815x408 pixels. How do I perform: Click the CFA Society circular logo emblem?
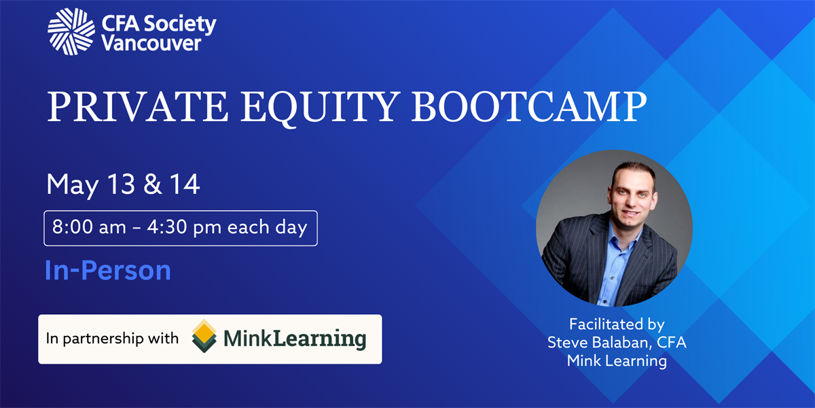coord(71,32)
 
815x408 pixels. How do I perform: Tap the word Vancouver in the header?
coord(151,44)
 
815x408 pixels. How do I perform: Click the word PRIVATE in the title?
coord(137,107)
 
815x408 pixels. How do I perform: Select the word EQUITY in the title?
coord(320,107)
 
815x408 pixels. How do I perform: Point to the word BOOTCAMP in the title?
coord(529,107)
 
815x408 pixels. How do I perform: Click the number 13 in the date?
coord(121,184)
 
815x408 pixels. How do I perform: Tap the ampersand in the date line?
coord(152,184)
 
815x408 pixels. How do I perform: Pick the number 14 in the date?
coord(185,184)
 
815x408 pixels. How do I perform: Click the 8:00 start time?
coord(73,227)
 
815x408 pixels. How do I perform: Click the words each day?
coord(268,227)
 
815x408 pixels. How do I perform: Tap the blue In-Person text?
coord(108,271)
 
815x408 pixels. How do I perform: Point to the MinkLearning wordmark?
coord(295,339)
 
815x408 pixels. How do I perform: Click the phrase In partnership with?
coord(112,339)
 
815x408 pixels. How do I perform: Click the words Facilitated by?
coord(617,324)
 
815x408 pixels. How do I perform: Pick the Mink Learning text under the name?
coord(617,360)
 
